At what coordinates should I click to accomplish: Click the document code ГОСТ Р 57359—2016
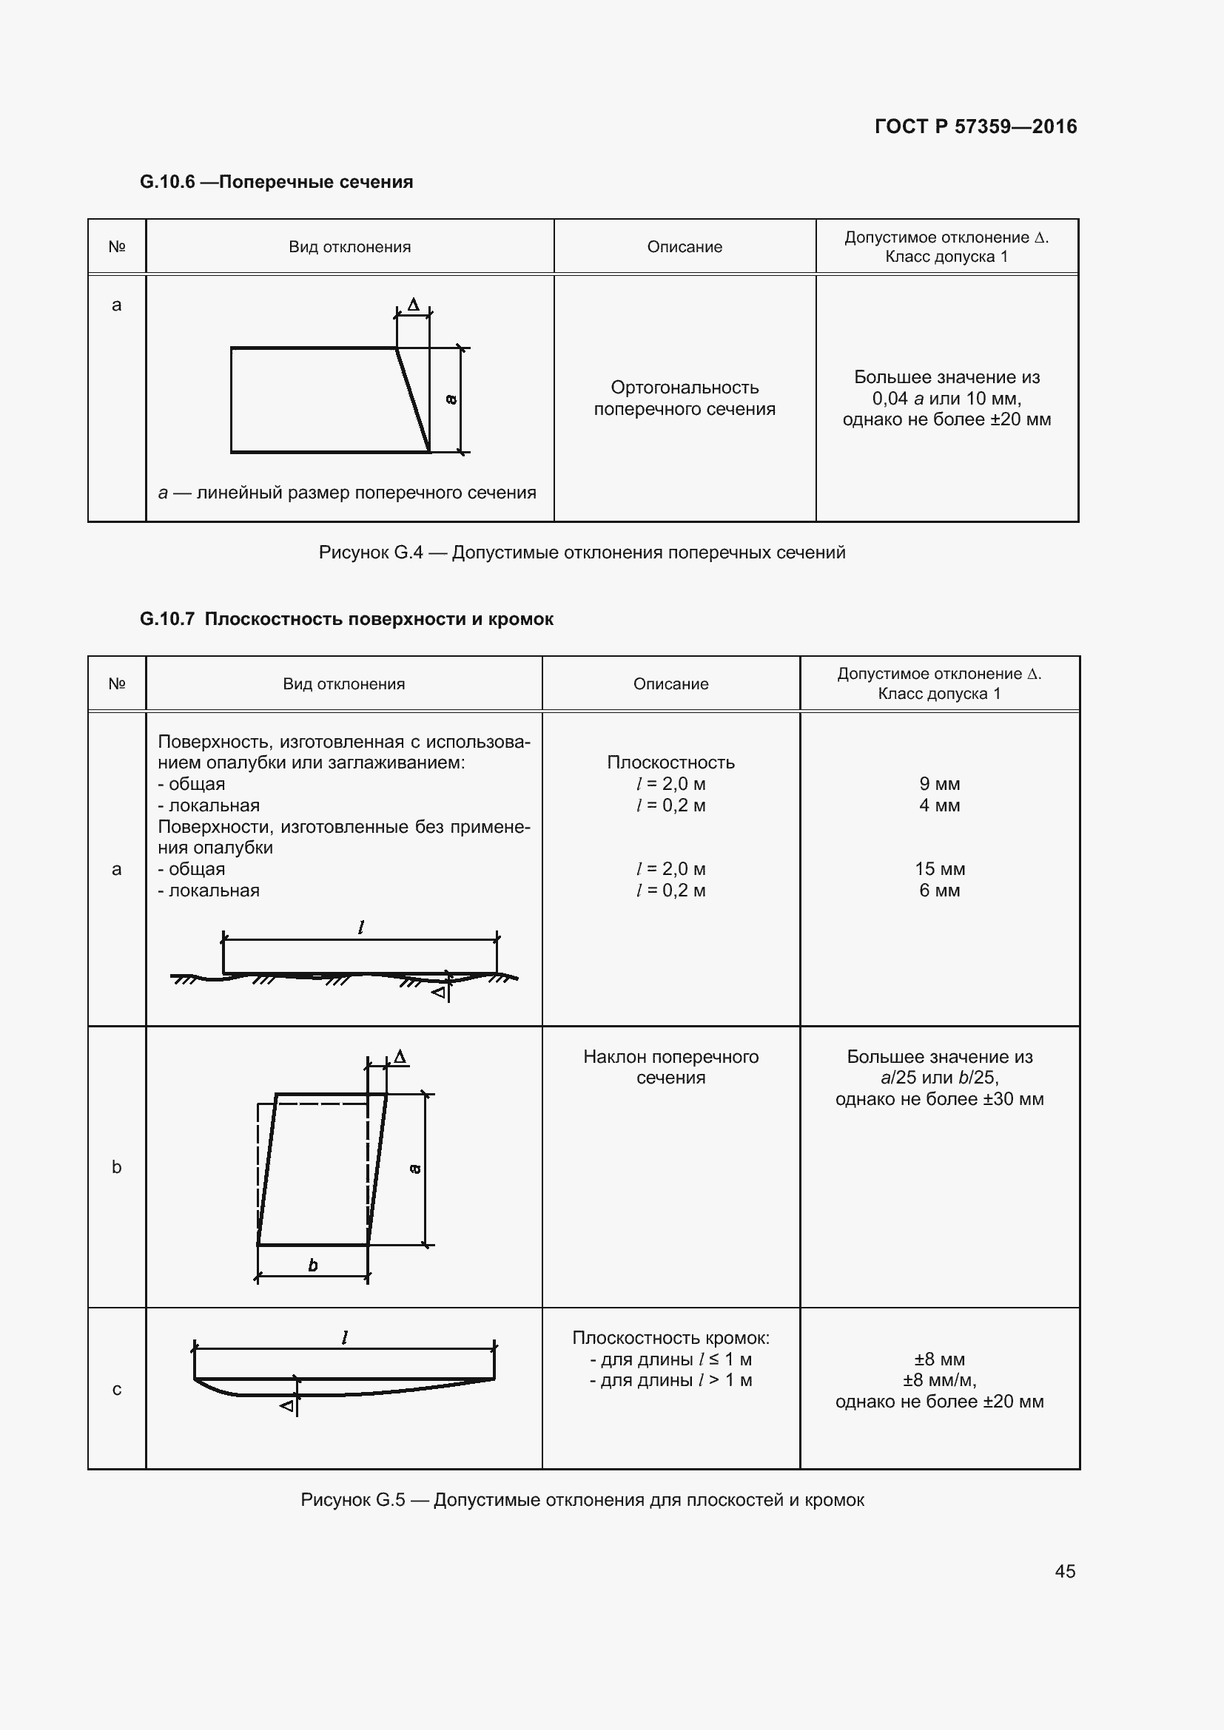coord(975,126)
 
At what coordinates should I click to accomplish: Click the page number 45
coord(1064,1571)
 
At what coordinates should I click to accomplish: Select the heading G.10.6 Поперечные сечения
coord(276,182)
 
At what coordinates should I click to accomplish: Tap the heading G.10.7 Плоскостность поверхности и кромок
coord(346,618)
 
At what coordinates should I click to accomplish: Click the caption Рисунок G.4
coord(581,553)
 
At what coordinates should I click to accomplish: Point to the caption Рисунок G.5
coord(581,1499)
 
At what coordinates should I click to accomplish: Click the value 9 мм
coord(939,783)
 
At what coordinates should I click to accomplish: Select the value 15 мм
coord(939,869)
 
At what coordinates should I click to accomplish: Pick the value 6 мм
coord(939,890)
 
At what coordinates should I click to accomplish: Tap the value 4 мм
coord(939,805)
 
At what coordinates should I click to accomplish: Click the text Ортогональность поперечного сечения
coord(684,398)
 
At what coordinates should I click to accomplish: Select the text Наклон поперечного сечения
coord(670,1067)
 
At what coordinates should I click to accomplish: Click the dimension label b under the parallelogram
coord(313,1266)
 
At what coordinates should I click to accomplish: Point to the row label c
coord(117,1389)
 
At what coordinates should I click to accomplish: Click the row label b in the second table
coord(117,1166)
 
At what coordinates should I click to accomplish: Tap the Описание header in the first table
coord(684,246)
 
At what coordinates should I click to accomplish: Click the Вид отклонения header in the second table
coord(343,683)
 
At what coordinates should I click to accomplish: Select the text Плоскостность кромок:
coord(670,1337)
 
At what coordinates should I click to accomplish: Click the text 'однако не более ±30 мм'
coord(939,1098)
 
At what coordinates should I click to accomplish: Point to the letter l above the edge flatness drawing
coord(344,1338)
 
